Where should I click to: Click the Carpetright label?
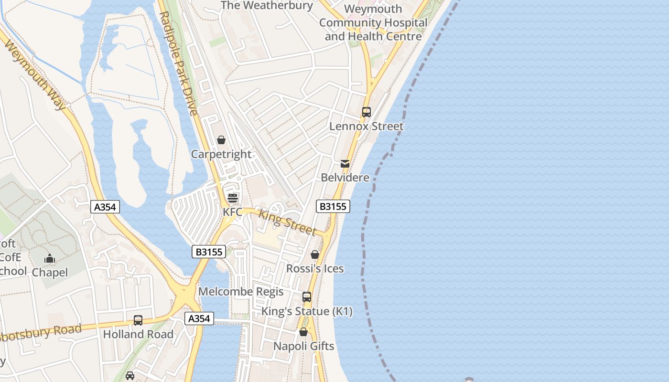click(x=221, y=154)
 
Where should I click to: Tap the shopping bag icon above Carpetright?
click(x=221, y=140)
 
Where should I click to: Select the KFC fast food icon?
click(x=233, y=198)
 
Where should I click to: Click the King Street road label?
click(x=287, y=223)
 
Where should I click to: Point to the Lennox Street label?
click(x=367, y=127)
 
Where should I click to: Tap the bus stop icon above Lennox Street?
click(x=367, y=112)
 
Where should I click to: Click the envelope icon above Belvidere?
click(x=345, y=164)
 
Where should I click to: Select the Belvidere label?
click(x=345, y=178)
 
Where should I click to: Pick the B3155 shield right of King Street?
click(x=333, y=206)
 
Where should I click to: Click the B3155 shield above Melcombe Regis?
click(x=209, y=252)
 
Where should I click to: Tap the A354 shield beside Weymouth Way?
click(x=105, y=207)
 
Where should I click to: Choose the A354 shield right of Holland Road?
click(x=199, y=318)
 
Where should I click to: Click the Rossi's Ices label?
click(x=315, y=269)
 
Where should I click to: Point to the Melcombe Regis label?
click(x=241, y=292)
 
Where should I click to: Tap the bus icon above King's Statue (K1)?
click(x=307, y=297)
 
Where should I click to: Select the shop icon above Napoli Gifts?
click(x=303, y=332)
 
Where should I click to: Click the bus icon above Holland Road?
click(x=138, y=320)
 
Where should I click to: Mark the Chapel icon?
click(x=50, y=259)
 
